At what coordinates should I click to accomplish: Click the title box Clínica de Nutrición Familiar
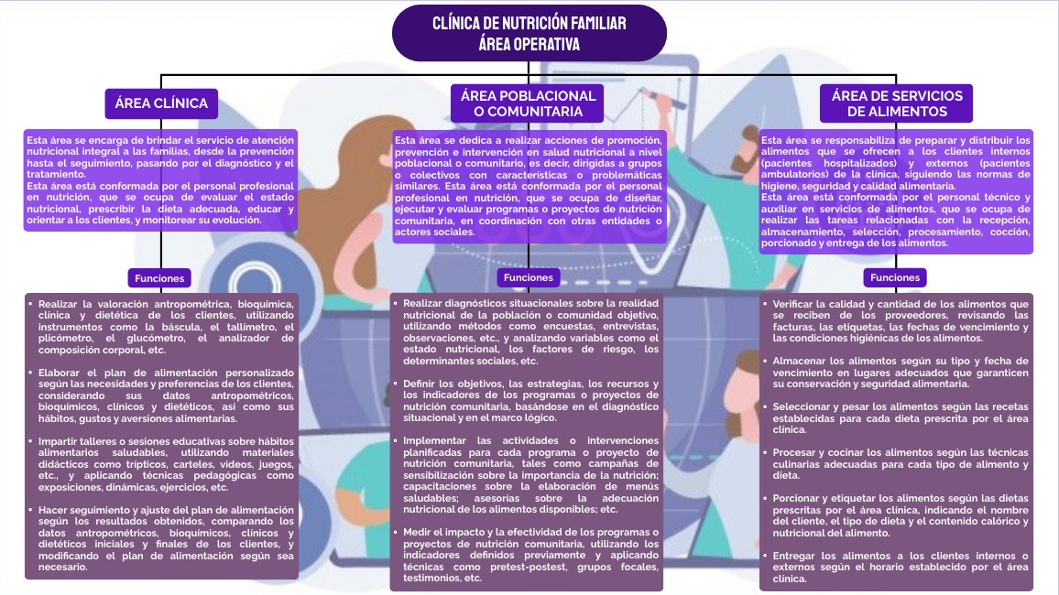pos(529,33)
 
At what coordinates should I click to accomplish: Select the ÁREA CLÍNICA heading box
pos(161,103)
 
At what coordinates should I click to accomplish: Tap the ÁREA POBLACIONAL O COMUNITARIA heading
pos(528,103)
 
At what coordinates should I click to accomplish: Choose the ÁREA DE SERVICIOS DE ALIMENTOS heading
pos(896,103)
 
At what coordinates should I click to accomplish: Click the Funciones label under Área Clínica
pos(160,277)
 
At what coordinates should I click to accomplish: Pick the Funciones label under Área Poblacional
pos(529,277)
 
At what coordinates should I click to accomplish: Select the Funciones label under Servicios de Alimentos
pos(895,277)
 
